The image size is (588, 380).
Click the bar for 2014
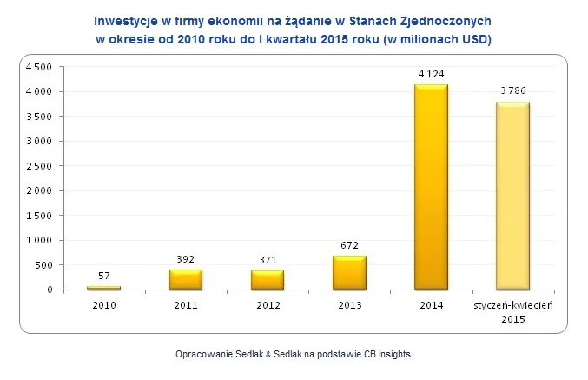431,187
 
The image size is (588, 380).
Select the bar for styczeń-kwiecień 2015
512,196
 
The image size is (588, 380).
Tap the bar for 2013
349,272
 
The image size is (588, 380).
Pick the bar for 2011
186,279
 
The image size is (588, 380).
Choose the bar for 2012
268,280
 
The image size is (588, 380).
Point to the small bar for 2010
104,287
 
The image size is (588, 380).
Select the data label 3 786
512,90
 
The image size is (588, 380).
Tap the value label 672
349,245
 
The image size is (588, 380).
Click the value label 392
186,259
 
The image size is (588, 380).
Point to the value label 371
268,260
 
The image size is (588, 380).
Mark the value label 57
104,276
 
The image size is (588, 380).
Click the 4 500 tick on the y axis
41,67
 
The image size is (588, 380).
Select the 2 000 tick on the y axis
41,190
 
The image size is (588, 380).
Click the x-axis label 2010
104,305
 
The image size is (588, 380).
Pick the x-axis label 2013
349,305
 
